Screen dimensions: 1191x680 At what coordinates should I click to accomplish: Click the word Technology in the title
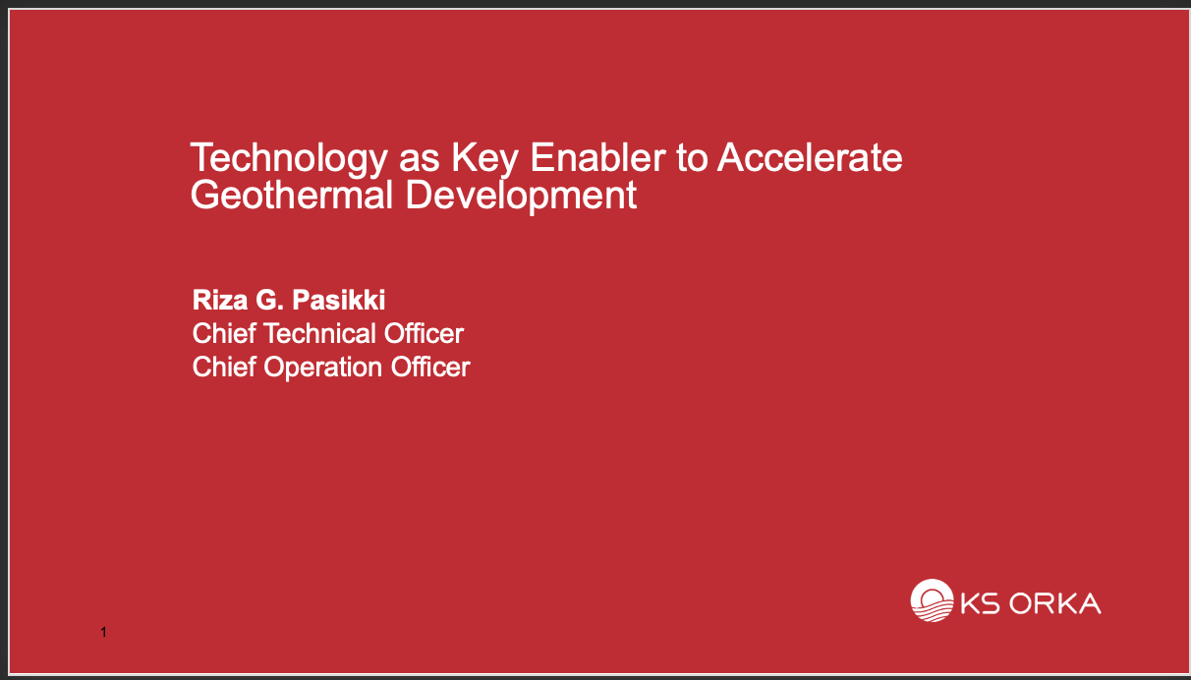click(x=289, y=159)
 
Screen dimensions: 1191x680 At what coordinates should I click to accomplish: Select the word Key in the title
click(x=484, y=159)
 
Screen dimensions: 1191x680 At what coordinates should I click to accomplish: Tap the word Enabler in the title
click(x=597, y=157)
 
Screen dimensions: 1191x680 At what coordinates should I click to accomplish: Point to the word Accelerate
click(x=810, y=157)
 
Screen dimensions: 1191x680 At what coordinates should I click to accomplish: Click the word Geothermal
click(x=292, y=195)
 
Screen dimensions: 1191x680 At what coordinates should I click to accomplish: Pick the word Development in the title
click(x=521, y=197)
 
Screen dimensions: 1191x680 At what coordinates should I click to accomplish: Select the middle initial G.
click(x=269, y=300)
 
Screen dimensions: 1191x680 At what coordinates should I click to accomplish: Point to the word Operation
click(x=322, y=368)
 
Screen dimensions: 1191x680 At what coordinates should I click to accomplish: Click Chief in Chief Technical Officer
click(x=224, y=333)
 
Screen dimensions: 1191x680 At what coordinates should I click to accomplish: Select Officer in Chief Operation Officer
click(x=430, y=367)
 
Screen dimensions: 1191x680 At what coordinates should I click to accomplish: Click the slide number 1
click(x=104, y=632)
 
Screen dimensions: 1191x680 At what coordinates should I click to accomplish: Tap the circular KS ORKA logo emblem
click(x=932, y=600)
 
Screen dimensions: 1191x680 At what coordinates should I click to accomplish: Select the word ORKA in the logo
click(x=1054, y=603)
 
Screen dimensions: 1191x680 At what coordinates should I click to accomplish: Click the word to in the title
click(x=692, y=158)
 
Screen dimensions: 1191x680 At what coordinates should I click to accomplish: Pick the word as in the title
click(x=420, y=161)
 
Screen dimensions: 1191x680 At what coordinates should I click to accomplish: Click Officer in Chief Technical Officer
click(x=424, y=333)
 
